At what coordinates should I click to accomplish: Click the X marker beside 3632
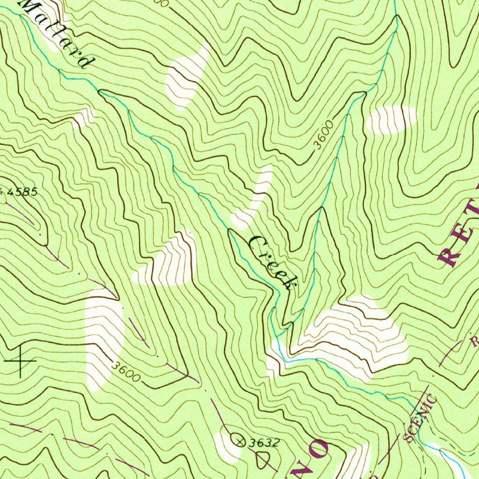[x=240, y=441]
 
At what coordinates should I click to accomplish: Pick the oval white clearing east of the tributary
[x=391, y=119]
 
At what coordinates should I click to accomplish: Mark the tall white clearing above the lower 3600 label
[x=104, y=337]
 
